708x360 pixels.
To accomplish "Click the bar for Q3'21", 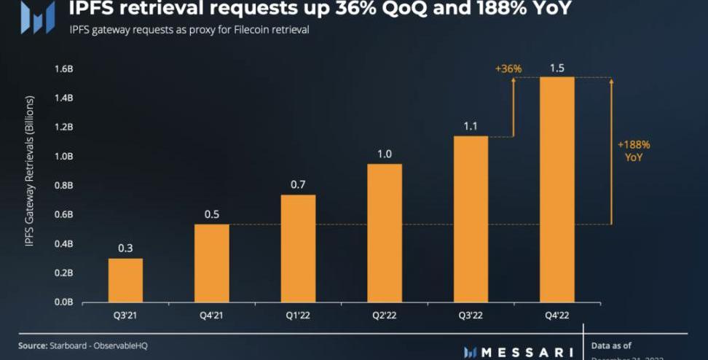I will point(125,280).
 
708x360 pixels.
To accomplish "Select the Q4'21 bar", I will point(211,263).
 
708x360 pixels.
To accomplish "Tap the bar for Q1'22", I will point(298,249).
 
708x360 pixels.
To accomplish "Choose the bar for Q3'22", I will point(471,219).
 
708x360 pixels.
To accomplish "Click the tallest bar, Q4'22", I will point(556,189).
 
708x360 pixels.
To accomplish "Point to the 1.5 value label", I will point(556,68).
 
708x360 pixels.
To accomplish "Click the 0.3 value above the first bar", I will point(125,249).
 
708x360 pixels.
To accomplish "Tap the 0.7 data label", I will point(298,185).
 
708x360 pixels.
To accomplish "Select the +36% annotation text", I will point(508,69).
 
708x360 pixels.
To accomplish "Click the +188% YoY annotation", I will point(634,150).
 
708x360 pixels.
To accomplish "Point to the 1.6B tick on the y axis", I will point(63,69).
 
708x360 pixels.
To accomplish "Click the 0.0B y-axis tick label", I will point(63,302).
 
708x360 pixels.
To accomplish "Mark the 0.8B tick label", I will point(63,185).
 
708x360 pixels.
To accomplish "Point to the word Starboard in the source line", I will point(67,345).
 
